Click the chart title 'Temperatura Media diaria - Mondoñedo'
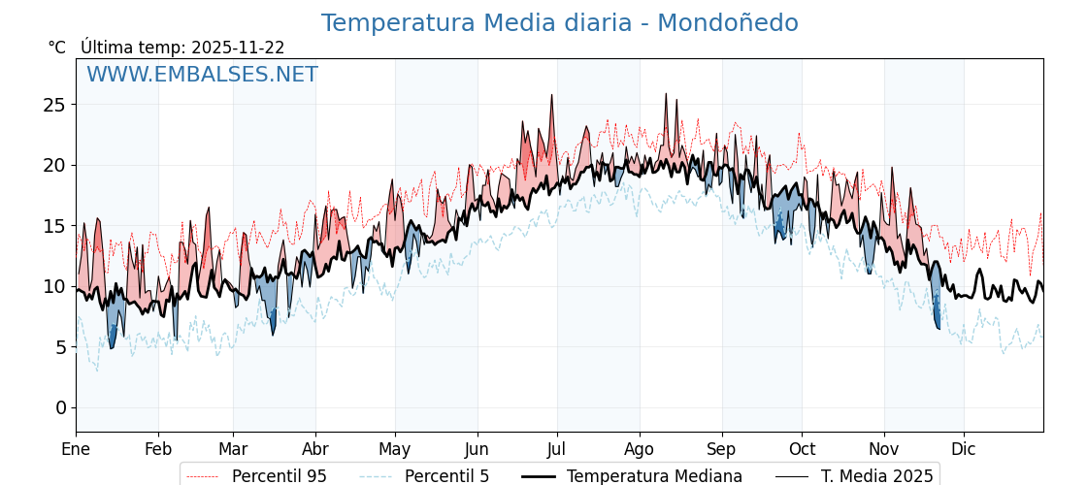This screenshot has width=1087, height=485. (559, 23)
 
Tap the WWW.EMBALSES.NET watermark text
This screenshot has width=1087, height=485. (202, 75)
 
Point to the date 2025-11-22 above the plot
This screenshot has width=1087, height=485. (238, 48)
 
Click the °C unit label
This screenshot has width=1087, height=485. (56, 48)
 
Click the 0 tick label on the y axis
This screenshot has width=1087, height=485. (61, 407)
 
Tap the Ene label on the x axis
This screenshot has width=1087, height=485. (76, 450)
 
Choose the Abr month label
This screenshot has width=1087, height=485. (315, 450)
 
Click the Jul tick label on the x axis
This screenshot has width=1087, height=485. (557, 450)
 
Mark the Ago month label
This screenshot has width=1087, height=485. (640, 450)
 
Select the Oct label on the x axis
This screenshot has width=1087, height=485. (802, 450)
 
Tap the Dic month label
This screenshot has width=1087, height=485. (964, 450)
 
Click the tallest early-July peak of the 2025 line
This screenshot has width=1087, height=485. (551, 95)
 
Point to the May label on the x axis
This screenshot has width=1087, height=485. (395, 450)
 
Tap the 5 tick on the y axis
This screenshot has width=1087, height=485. (61, 346)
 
